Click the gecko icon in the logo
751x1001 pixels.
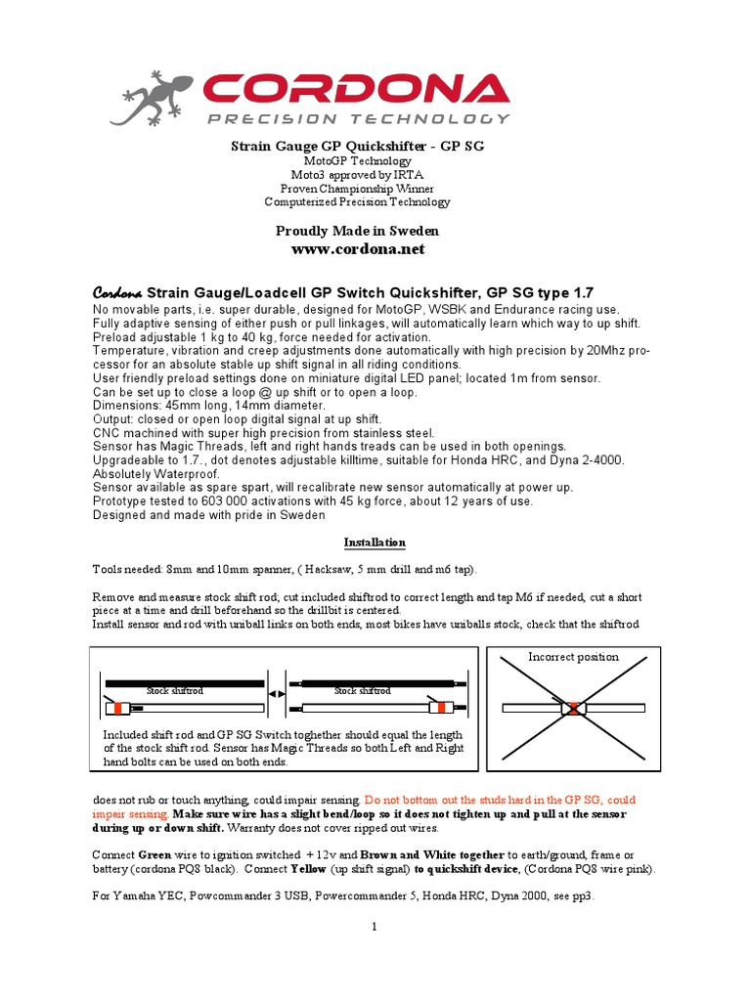tap(157, 97)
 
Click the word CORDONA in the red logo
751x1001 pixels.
tap(356, 89)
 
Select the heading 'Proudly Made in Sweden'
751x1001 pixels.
tap(357, 231)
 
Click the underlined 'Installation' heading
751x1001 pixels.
tap(375, 543)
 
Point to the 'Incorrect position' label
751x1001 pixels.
tap(573, 657)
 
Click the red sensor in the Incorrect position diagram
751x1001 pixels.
tap(572, 707)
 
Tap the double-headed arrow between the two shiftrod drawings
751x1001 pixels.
tap(276, 693)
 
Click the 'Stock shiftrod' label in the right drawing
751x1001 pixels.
tap(362, 691)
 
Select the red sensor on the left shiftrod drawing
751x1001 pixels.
tap(119, 707)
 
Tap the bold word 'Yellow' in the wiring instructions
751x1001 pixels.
tap(337, 869)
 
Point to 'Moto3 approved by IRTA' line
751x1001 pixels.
tap(357, 174)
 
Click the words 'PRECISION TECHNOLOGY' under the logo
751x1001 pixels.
tap(357, 118)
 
